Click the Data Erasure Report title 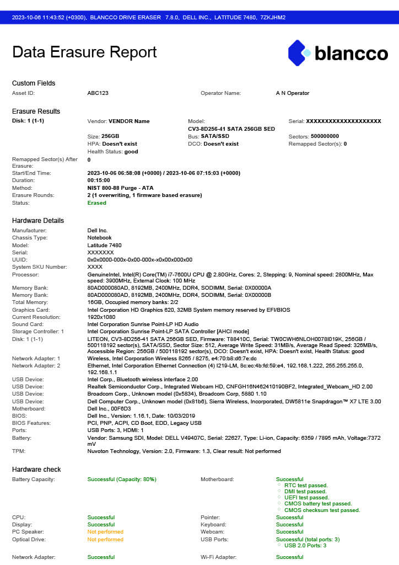coord(84,52)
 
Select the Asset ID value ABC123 coord(98,93)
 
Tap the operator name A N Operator coord(293,93)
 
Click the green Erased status coord(97,202)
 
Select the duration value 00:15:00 coord(99,180)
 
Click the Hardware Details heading coord(38,221)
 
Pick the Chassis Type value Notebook coord(100,238)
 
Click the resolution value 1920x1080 coord(101,317)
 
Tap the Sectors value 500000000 coord(325,136)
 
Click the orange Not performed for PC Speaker coord(105,532)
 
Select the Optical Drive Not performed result coord(105,539)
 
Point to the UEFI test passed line coord(306,497)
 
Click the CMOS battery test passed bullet coord(318,504)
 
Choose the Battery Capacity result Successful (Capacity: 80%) coord(122,479)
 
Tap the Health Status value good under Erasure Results coord(131,151)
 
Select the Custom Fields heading coord(34,83)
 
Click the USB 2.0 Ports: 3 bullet coord(305,546)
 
